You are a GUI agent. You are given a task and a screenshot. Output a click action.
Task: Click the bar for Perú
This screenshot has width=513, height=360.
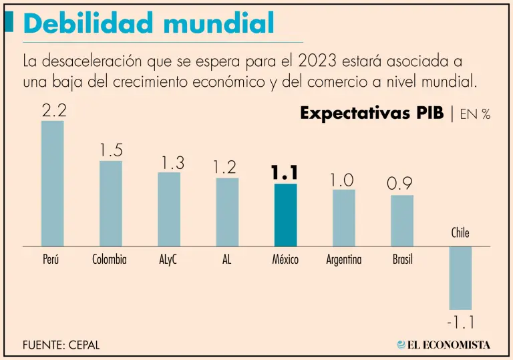coord(52,184)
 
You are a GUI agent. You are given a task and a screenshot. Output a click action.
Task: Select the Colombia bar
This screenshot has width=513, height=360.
coord(110,204)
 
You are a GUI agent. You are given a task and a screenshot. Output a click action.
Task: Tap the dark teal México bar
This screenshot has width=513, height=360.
coord(285,215)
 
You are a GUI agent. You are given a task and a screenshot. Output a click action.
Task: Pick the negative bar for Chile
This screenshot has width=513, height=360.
coord(460,277)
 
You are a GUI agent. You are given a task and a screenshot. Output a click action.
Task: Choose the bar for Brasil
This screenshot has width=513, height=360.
coord(402,220)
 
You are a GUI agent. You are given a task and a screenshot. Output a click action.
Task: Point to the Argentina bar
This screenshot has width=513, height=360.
coord(343,218)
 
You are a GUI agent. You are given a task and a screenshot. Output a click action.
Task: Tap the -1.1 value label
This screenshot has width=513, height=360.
coord(460,323)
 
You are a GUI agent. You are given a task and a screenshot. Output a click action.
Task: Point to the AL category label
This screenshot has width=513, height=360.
coord(226,260)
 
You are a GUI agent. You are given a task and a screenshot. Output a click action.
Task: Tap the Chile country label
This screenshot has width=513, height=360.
coord(460,233)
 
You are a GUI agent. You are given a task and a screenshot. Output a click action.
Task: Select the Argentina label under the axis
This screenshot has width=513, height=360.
coord(343,260)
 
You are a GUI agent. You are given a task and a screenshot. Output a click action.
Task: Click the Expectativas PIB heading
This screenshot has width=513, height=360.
coord(371,114)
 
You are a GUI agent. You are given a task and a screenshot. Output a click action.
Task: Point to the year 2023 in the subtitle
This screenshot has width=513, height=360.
coord(318,62)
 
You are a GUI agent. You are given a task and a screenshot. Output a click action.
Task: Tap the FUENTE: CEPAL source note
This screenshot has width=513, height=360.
coord(61,345)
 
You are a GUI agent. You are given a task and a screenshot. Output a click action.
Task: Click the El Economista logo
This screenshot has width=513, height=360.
coord(444,345)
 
